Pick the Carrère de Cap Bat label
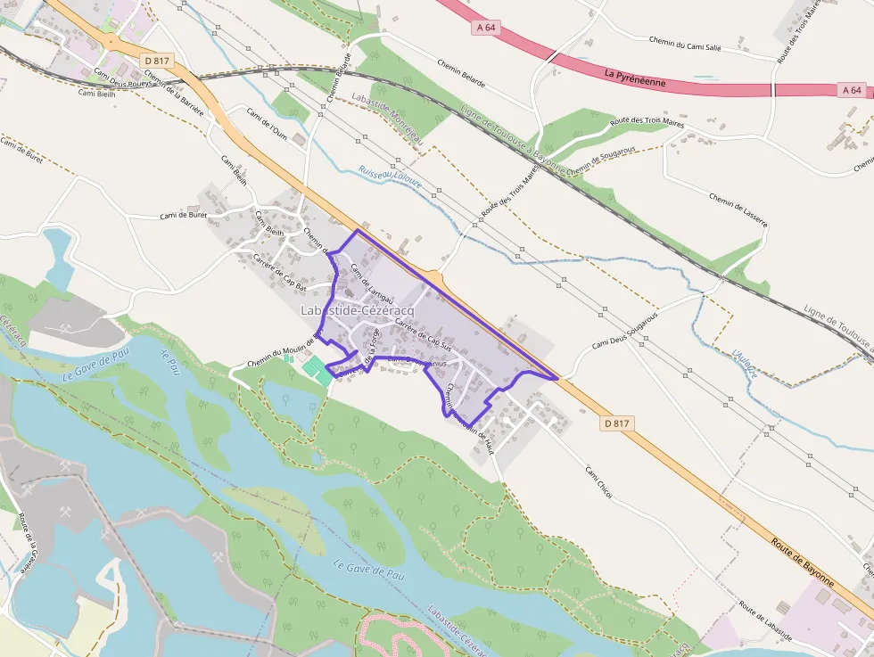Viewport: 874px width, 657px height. tap(280, 274)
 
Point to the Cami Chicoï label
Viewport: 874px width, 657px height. tap(599, 480)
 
